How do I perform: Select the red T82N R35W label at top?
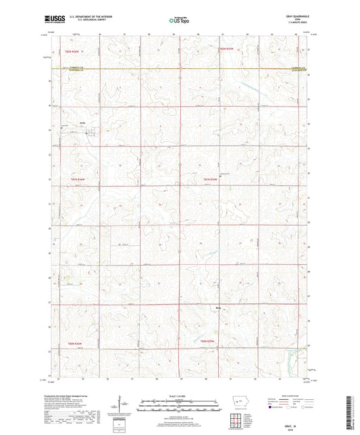coord(226,49)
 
